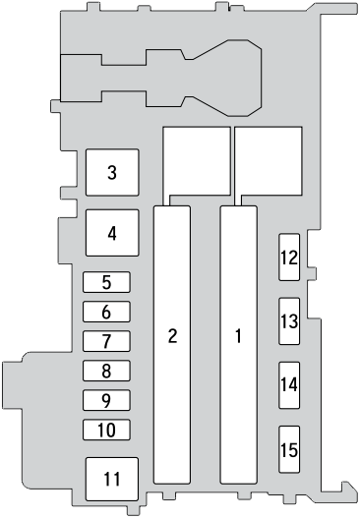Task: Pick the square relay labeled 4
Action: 112,234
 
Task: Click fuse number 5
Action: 106,283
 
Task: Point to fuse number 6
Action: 106,313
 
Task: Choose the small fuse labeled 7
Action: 106,342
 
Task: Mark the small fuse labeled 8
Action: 106,372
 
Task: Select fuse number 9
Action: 106,401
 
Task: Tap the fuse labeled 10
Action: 106,430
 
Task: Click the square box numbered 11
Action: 111,479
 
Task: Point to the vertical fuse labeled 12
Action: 288,259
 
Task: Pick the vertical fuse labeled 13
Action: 288,320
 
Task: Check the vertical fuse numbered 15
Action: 288,450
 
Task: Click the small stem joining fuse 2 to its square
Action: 173,200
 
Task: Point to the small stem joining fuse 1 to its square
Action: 238,200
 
